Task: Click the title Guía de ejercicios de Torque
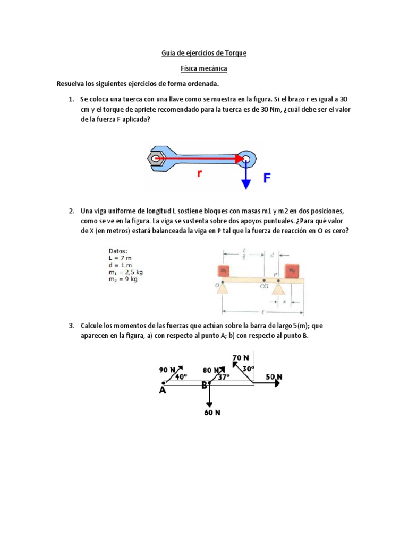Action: point(204,53)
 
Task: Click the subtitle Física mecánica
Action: point(204,68)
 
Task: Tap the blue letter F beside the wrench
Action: point(267,178)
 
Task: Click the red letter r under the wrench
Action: point(200,173)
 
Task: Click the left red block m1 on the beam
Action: point(223,270)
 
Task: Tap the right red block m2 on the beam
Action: point(292,270)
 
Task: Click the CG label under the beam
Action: point(264,286)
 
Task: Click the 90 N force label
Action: point(166,370)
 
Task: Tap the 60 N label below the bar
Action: point(212,412)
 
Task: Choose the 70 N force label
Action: point(241,358)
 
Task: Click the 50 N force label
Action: point(274,377)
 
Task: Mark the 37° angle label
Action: point(224,378)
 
